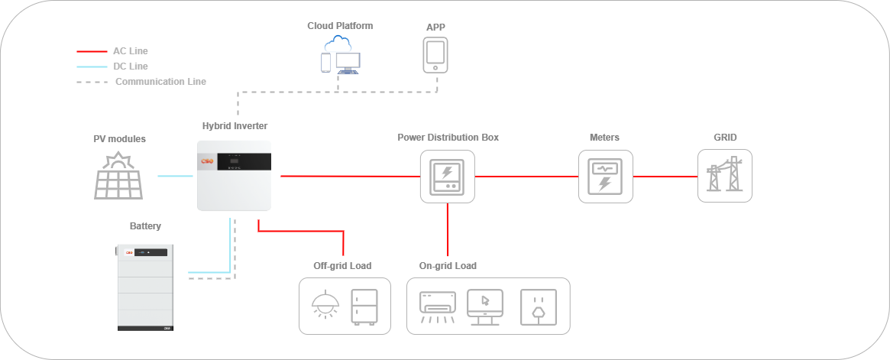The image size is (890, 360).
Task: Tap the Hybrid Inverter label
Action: click(x=235, y=125)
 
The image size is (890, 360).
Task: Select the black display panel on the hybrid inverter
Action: click(x=244, y=162)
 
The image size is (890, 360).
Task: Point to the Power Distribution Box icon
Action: click(x=448, y=176)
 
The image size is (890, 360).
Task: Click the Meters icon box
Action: click(x=605, y=176)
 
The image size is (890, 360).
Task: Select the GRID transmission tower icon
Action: click(x=724, y=176)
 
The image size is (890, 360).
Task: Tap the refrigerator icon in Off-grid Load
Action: click(x=364, y=306)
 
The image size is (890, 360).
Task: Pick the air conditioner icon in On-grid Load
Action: click(x=438, y=306)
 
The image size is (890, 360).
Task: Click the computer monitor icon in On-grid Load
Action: click(x=485, y=306)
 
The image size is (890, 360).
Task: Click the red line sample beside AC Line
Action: click(x=91, y=51)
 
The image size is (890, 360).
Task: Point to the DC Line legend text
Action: click(x=131, y=66)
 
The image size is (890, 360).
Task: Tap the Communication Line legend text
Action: click(x=160, y=82)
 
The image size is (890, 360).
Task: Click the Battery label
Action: click(x=145, y=226)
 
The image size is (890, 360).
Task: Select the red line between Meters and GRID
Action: click(x=665, y=177)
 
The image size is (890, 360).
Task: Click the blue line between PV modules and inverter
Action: click(x=175, y=177)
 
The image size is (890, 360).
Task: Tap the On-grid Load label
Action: click(x=448, y=266)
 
